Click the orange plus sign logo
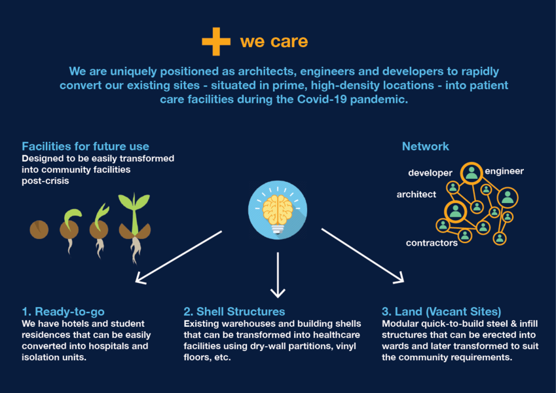(x=216, y=41)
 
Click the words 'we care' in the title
(x=274, y=41)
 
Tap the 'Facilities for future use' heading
(x=85, y=146)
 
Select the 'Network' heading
(x=426, y=146)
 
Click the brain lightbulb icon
(x=278, y=210)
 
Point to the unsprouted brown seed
(x=39, y=229)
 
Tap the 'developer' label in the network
(x=430, y=173)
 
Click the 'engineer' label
(x=504, y=171)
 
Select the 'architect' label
(x=417, y=195)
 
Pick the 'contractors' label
(x=432, y=243)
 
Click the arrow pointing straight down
(x=278, y=275)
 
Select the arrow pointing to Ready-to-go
(x=179, y=257)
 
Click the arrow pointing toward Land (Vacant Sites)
(x=363, y=256)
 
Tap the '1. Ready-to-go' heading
(x=63, y=311)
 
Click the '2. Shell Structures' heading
(x=234, y=311)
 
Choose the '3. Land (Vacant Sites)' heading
(x=441, y=311)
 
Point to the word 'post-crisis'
(x=45, y=181)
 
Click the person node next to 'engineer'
(x=472, y=173)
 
